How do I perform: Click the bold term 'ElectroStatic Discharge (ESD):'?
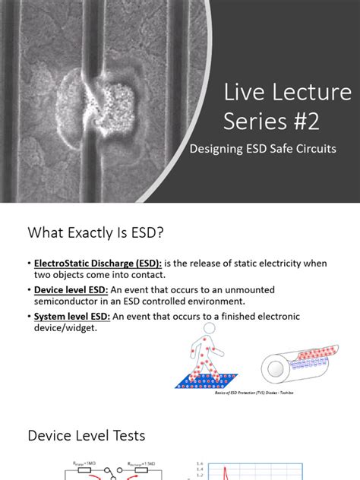[x=94, y=263]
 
